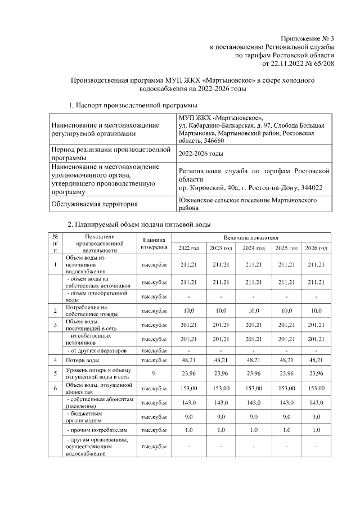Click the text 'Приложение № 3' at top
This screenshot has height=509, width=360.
307,38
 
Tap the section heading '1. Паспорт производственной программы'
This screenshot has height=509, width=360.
133,105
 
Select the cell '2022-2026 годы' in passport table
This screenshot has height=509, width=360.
200,154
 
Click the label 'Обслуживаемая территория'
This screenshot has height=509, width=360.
94,204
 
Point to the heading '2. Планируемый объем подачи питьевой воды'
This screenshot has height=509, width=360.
139,225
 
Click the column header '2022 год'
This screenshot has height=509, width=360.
188,249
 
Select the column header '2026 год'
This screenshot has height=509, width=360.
316,249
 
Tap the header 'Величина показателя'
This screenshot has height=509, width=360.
253,238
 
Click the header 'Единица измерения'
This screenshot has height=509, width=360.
154,244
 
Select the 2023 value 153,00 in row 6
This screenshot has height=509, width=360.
220,388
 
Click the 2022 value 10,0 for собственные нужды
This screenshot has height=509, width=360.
188,310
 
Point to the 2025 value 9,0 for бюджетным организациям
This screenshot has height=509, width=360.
285,416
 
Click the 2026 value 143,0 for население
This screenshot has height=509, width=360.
316,402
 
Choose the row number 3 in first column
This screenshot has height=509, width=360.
55,325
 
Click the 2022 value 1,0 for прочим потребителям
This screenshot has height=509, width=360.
188,430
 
